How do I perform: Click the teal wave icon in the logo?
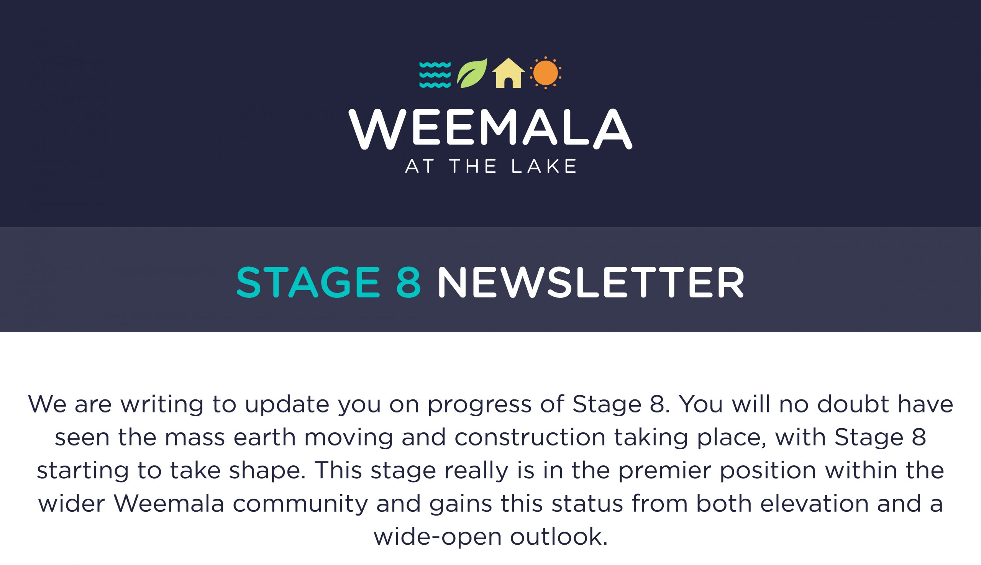[x=435, y=74]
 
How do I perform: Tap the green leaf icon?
[x=472, y=73]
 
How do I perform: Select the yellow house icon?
[x=508, y=73]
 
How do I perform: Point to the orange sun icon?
[x=545, y=72]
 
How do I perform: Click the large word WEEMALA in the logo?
[x=490, y=129]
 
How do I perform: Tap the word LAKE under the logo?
[x=544, y=166]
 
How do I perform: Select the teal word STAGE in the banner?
[x=308, y=282]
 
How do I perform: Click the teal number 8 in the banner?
[x=408, y=282]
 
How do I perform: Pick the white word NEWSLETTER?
[x=591, y=282]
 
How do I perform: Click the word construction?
[x=530, y=438]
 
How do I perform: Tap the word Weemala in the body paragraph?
[x=169, y=504]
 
